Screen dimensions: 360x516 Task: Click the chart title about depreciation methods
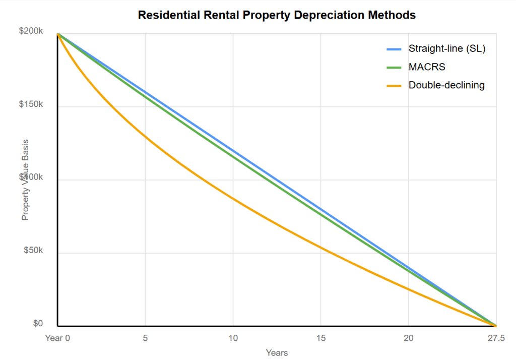coord(277,15)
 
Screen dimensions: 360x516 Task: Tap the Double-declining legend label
coord(446,85)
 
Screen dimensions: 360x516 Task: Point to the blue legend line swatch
coord(394,49)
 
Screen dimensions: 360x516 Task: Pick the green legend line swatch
coord(394,68)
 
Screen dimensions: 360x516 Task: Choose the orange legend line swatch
coord(394,86)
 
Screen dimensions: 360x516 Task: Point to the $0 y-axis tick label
coord(38,324)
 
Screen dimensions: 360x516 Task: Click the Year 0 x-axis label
coord(57,338)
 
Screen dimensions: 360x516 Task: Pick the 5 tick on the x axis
coord(145,338)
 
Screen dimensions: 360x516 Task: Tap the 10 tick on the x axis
coord(233,338)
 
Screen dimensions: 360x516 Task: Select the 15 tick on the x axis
coord(320,338)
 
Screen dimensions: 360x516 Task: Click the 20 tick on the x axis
coord(408,338)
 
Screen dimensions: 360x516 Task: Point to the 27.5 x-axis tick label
coord(496,338)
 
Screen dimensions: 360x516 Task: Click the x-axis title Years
coord(277,352)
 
